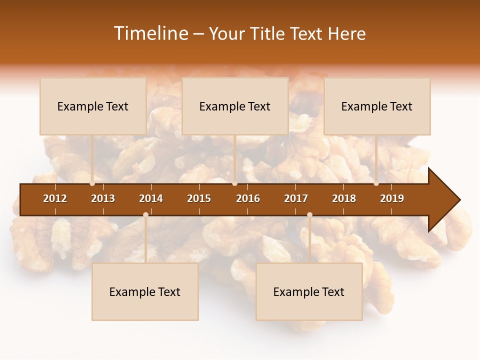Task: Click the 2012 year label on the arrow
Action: [x=55, y=198]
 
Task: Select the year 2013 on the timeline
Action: [x=103, y=198]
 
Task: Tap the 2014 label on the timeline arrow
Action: [x=151, y=198]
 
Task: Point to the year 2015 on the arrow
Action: [x=199, y=198]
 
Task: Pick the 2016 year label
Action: [x=248, y=198]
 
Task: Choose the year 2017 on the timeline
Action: [x=296, y=198]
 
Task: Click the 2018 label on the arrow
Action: [x=344, y=198]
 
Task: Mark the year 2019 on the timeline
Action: [x=392, y=198]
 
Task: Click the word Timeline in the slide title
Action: [x=150, y=33]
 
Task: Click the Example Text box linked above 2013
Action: [x=93, y=106]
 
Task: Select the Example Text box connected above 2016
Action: [x=235, y=106]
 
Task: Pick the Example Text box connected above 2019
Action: [x=377, y=106]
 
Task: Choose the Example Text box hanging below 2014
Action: [x=145, y=292]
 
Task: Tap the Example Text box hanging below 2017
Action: [x=309, y=292]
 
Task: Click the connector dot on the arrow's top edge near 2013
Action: [x=92, y=183]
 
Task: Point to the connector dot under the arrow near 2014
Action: [x=145, y=215]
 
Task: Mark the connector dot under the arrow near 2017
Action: [x=309, y=215]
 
